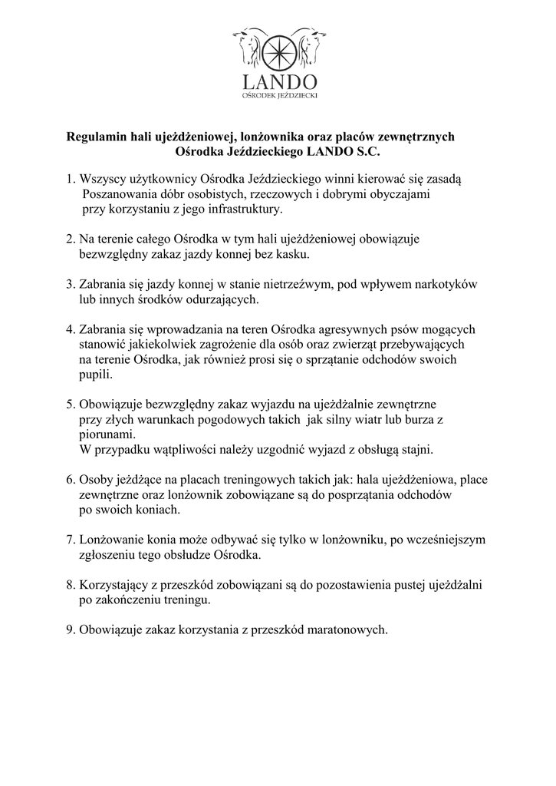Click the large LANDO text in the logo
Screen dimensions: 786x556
pyautogui.click(x=278, y=81)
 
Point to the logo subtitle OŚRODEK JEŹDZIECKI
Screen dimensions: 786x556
pyautogui.click(x=278, y=96)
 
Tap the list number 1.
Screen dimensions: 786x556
pyautogui.click(x=70, y=179)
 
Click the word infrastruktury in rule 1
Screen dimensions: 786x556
pyautogui.click(x=245, y=209)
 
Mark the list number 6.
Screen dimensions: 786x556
pyautogui.click(x=70, y=479)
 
